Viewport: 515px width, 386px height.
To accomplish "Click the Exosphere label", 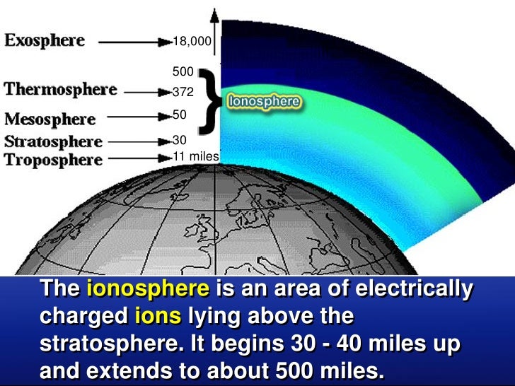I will click(x=45, y=40).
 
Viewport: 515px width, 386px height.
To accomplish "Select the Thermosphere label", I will click(x=60, y=90).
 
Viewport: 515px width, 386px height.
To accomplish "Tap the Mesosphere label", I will click(x=50, y=119).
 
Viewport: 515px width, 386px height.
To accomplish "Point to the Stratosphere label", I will click(x=53, y=141).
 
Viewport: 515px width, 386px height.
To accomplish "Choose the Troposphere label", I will click(x=53, y=160).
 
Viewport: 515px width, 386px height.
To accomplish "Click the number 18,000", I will click(x=192, y=42).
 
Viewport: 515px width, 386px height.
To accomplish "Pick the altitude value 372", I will click(x=183, y=92).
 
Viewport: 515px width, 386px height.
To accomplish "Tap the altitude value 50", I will click(x=179, y=114).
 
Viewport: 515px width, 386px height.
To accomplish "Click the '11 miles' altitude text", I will click(x=196, y=156).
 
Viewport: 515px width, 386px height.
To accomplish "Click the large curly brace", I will click(x=209, y=100).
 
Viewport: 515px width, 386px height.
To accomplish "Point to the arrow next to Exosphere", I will click(x=135, y=42).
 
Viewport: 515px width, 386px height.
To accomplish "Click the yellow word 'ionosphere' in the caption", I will click(x=148, y=290).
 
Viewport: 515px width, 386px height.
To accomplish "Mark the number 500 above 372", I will click(x=183, y=71).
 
